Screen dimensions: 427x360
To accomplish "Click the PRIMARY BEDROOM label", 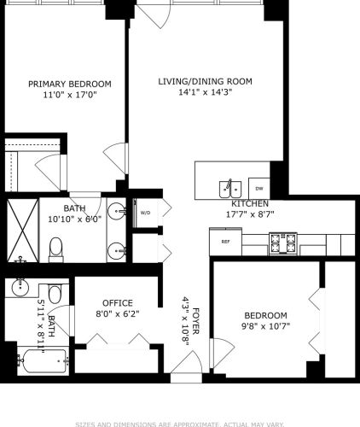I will tap(70, 84).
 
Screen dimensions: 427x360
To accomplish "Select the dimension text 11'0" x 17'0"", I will tap(70, 96).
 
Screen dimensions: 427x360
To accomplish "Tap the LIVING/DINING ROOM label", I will tap(206, 82).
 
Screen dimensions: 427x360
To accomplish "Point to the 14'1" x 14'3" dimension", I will tap(206, 94).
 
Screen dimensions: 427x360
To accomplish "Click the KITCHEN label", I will tap(247, 203).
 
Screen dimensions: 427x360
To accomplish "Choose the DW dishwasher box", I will tap(259, 188).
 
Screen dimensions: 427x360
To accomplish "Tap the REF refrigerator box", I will tap(226, 242).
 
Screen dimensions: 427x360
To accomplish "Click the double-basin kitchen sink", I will tap(231, 187).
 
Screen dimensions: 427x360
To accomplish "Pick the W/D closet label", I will tap(145, 213).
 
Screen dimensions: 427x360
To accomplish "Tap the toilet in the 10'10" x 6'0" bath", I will tap(56, 248).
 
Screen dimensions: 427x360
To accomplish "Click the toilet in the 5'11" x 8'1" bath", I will tap(55, 295).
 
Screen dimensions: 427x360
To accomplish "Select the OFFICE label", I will tap(118, 303).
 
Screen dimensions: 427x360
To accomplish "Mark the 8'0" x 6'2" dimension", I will tap(118, 314).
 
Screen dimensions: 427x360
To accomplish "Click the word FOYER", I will tap(195, 319).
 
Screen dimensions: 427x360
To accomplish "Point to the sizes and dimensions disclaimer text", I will tap(180, 422).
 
